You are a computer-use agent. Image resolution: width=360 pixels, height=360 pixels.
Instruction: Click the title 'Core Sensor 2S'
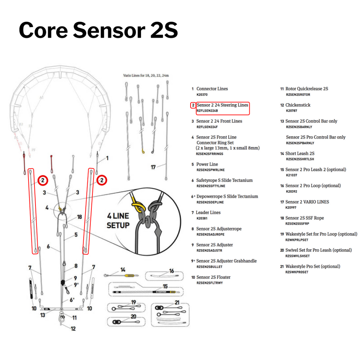98,30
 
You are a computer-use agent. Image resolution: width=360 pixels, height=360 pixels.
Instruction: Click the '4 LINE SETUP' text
118,220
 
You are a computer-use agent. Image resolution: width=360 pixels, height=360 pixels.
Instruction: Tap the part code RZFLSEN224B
207,111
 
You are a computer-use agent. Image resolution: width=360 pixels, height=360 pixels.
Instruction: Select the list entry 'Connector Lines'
212,89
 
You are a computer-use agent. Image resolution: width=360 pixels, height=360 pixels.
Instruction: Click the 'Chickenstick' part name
298,105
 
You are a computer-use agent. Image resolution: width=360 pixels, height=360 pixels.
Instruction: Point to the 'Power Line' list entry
207,164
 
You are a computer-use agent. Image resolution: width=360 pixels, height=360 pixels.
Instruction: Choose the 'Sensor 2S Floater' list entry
213,277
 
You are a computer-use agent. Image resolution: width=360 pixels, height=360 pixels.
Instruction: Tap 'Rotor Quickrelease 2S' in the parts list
307,89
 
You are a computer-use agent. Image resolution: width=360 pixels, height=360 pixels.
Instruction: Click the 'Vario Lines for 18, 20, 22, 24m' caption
146,75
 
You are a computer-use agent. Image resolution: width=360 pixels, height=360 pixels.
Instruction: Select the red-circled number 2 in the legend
193,105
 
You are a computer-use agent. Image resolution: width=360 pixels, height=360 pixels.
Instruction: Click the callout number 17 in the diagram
153,167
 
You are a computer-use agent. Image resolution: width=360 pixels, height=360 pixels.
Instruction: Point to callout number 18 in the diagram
79,217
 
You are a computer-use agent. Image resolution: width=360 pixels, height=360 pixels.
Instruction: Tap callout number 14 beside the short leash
123,270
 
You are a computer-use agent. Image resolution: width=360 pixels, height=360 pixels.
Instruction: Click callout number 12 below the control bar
73,329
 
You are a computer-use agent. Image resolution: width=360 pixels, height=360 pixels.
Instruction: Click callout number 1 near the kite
107,158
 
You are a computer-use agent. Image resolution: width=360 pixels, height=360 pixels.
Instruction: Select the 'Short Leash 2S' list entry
300,154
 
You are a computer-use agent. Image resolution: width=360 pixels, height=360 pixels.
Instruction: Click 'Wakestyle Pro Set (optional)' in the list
313,266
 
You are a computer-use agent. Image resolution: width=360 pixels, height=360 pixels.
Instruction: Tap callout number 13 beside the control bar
43,315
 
